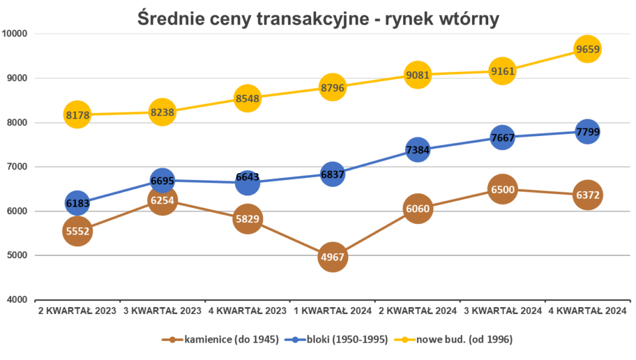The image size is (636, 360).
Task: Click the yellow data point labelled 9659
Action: click(587, 49)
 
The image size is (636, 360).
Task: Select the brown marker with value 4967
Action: click(332, 256)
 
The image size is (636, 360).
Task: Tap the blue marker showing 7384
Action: click(417, 150)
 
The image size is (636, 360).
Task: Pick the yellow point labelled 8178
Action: click(77, 115)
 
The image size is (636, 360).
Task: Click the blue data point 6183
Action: click(77, 203)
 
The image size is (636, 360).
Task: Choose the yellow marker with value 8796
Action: click(332, 88)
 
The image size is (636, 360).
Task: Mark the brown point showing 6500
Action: click(502, 189)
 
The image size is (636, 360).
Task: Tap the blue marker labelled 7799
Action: click(587, 132)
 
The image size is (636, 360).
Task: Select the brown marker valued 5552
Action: click(77, 231)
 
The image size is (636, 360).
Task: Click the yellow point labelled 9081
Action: click(417, 75)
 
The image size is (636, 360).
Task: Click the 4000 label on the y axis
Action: click(17, 299)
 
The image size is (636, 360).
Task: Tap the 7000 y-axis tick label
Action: click(17, 166)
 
